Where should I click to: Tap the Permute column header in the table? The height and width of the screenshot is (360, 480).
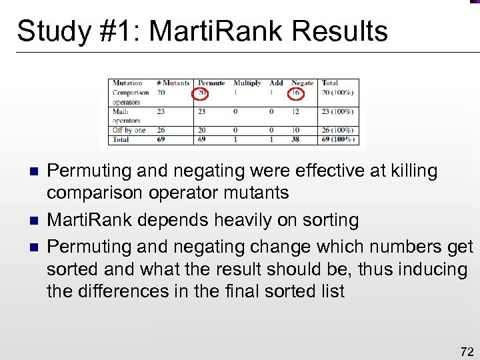[211, 83]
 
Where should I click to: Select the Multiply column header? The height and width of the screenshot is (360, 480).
[247, 83]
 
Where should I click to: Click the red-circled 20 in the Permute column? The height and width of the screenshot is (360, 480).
[202, 93]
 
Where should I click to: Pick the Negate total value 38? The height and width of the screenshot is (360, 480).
[296, 139]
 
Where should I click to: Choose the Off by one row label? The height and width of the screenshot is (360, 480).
[129, 130]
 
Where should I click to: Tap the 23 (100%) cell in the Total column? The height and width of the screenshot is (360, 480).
[337, 111]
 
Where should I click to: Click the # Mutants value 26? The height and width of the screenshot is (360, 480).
[161, 130]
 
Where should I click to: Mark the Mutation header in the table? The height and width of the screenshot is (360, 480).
[127, 83]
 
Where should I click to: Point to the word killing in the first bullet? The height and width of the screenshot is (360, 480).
[413, 171]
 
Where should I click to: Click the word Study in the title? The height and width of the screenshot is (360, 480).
[50, 31]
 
